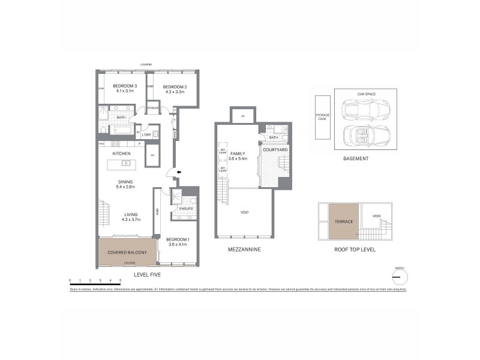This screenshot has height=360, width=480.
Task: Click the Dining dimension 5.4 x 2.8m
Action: click(125, 187)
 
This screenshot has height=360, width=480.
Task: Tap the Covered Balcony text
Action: click(127, 253)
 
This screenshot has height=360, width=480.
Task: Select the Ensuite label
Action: click(186, 208)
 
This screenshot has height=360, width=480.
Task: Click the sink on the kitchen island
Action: click(126, 163)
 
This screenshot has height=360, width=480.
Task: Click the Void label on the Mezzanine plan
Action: click(244, 212)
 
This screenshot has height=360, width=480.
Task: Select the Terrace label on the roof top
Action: click(344, 221)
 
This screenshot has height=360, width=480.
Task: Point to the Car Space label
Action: click(366, 94)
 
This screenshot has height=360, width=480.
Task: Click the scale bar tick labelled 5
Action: click(121, 280)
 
